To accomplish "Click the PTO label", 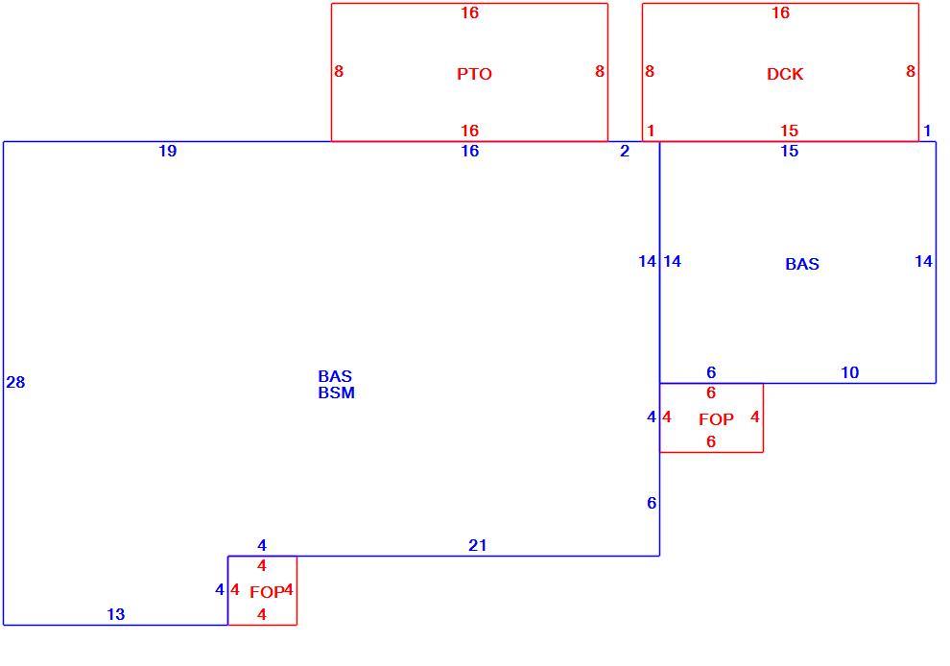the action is click(474, 74).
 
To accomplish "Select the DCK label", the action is click(785, 74).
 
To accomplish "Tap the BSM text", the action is click(336, 392).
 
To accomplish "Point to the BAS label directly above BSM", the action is click(335, 376).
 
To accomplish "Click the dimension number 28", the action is click(15, 382).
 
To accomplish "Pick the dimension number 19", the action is click(168, 151).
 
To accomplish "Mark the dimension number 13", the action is click(116, 614).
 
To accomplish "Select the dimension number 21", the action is click(478, 545).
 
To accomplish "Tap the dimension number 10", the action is click(850, 372).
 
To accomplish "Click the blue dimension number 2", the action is click(625, 151).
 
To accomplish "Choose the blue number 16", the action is click(469, 151).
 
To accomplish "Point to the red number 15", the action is click(789, 131).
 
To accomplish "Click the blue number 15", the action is click(789, 151).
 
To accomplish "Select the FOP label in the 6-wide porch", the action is click(716, 419).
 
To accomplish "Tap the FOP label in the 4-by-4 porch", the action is click(267, 592).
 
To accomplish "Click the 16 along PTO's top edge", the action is click(469, 12).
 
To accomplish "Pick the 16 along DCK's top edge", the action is click(780, 12).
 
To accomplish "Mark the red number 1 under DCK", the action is click(651, 131).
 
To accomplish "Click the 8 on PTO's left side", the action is click(339, 72).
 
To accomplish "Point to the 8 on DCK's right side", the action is click(910, 72).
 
